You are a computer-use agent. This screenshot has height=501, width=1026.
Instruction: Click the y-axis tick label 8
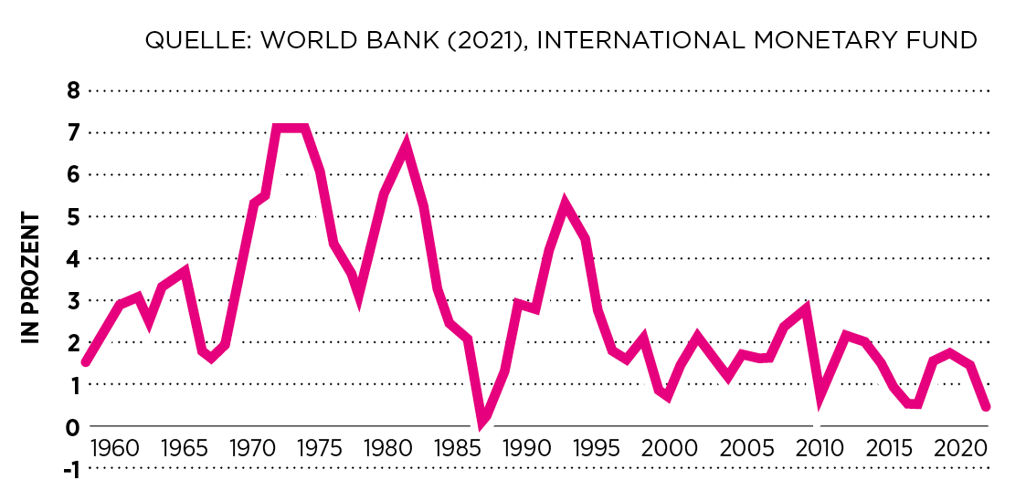(73, 90)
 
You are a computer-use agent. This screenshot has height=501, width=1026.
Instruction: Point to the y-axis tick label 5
(73, 217)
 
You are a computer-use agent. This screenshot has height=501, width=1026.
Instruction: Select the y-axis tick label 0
(73, 427)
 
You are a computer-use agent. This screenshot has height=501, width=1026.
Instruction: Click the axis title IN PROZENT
(32, 278)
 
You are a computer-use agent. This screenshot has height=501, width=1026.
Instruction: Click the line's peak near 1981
(407, 146)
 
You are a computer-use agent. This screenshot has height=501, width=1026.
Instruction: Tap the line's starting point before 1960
(86, 362)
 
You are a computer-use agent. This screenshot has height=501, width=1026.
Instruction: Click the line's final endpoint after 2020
(987, 406)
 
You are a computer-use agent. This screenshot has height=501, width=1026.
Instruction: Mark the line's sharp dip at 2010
(820, 395)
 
